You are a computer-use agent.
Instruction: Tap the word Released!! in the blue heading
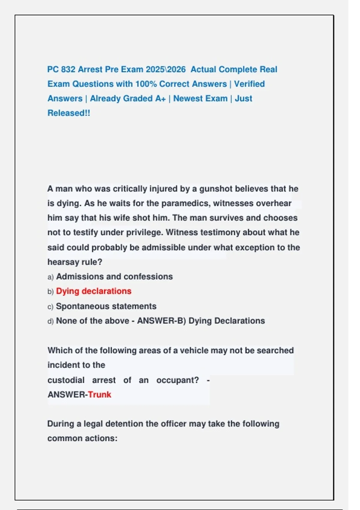click(69, 113)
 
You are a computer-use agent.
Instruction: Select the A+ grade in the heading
click(160, 98)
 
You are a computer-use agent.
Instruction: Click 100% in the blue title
click(146, 84)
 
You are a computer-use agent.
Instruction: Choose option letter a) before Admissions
click(50, 277)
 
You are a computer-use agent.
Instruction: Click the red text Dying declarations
click(94, 291)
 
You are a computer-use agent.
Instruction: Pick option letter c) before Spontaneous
click(50, 307)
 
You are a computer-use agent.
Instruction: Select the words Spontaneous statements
click(106, 306)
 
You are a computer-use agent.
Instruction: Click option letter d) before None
click(50, 321)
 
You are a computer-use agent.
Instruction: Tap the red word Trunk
click(100, 394)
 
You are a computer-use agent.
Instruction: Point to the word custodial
click(66, 380)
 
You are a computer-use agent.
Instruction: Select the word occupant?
click(178, 380)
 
